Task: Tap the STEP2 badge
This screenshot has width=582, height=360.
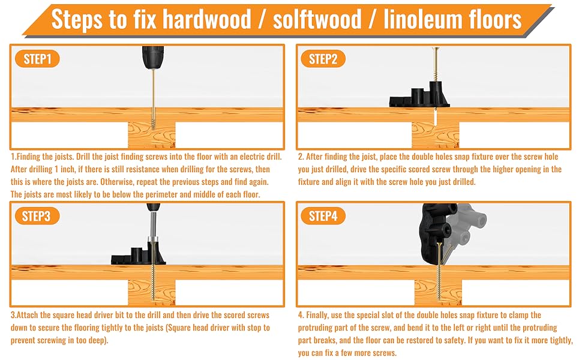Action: click(x=323, y=59)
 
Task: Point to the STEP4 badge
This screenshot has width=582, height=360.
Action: click(x=323, y=216)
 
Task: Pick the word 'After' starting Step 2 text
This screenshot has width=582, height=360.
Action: click(x=317, y=157)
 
